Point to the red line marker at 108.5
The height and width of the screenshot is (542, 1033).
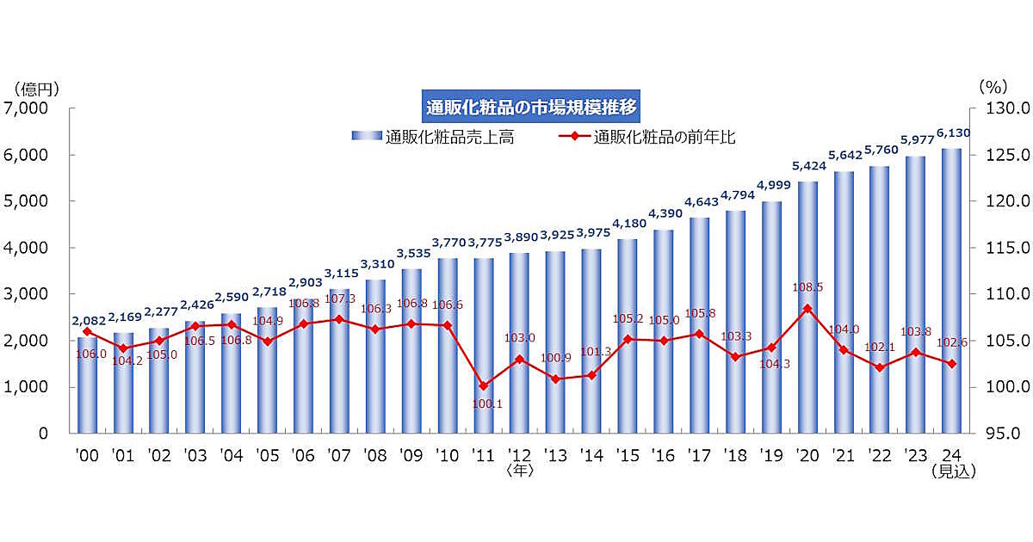807,308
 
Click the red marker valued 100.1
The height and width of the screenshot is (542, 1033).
483,385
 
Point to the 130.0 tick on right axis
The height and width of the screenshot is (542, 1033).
999,108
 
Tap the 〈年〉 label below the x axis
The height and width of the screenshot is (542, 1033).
521,471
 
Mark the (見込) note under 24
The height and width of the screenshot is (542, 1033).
953,471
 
